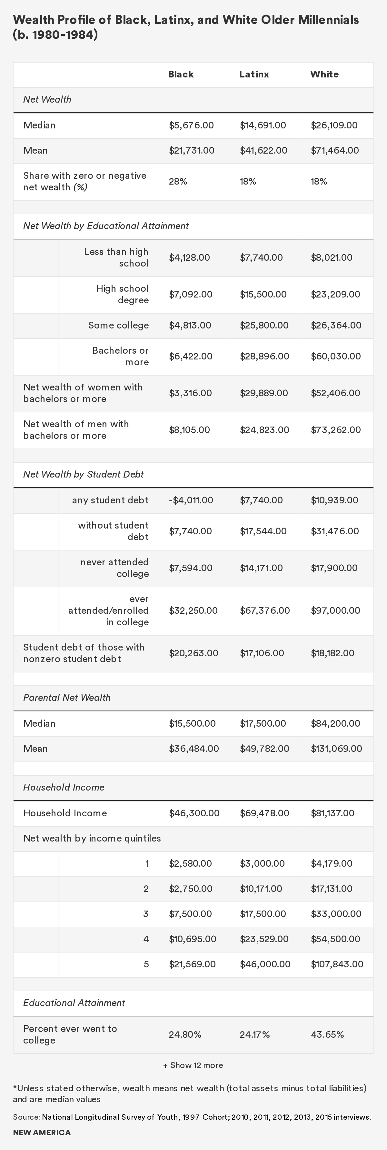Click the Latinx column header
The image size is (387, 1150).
[254, 75]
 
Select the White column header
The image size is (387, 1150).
[324, 75]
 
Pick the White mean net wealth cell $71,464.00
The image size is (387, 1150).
[335, 150]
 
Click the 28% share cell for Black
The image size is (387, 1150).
[178, 182]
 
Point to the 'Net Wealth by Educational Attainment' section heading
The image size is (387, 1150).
[106, 226]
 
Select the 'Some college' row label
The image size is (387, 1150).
[118, 326]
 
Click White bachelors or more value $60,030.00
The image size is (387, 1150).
[336, 357]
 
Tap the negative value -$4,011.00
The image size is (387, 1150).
[191, 500]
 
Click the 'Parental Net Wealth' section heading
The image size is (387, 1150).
[67, 698]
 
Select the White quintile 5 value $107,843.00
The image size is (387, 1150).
[337, 964]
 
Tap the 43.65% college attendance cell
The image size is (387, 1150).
[327, 1035]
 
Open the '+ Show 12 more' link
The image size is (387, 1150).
[193, 1065]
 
